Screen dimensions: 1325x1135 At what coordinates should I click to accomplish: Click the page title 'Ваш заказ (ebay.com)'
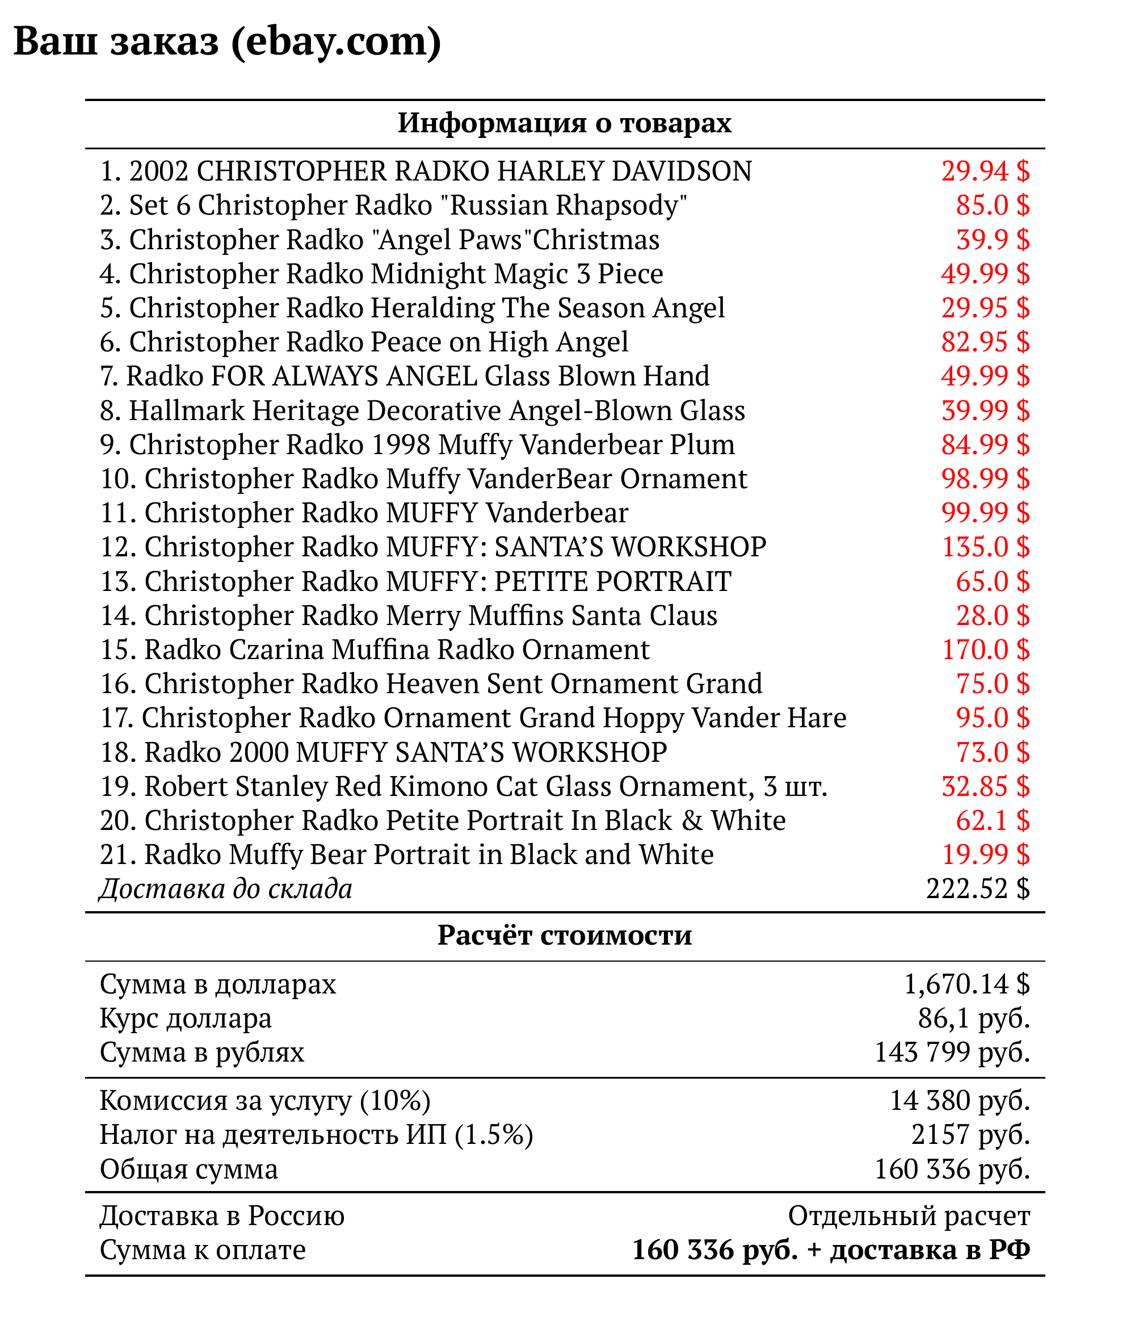coord(227,41)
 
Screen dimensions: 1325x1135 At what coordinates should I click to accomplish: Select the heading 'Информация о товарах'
coord(565,123)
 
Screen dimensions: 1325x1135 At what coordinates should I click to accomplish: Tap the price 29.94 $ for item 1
coord(985,171)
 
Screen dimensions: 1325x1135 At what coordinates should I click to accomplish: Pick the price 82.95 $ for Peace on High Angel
coord(985,342)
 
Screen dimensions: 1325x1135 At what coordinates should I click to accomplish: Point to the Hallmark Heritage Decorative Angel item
coord(423,410)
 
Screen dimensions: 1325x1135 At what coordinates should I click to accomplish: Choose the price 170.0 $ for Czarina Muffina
coord(985,649)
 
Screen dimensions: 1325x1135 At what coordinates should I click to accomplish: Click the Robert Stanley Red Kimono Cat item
coord(464,787)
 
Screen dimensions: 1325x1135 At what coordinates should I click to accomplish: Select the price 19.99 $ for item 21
coord(985,855)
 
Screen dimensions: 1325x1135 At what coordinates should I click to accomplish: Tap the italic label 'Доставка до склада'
coord(226,890)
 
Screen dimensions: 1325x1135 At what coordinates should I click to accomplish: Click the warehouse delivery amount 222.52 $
coord(978,890)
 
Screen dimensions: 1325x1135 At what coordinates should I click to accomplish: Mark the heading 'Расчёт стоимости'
coord(565,936)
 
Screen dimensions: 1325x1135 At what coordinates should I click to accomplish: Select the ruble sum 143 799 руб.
coord(952,1053)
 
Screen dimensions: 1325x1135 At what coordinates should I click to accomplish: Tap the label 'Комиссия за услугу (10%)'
coord(264,1101)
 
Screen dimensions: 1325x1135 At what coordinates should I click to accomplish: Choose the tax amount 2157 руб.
coord(970,1135)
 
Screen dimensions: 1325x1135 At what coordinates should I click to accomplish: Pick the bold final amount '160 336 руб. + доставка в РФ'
coord(831,1250)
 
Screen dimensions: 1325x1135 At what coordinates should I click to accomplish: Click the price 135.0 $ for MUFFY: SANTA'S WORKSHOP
coord(985,547)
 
